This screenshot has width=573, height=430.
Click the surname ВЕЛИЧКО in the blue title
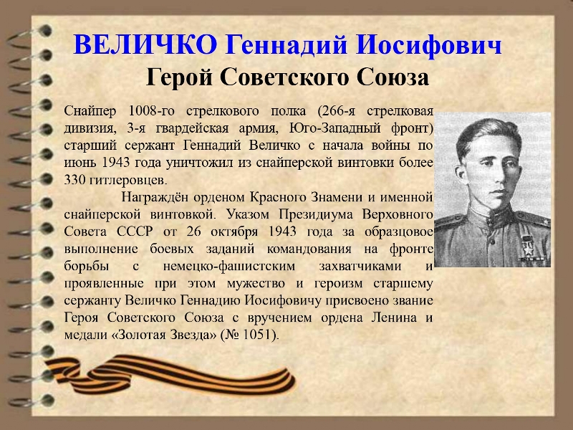145,44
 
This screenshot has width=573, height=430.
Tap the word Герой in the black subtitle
179,77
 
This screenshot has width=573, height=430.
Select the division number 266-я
336,111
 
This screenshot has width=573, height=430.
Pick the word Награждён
155,198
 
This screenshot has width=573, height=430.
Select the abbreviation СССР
134,231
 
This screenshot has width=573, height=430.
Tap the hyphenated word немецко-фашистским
229,266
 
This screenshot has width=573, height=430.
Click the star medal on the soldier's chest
528,247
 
